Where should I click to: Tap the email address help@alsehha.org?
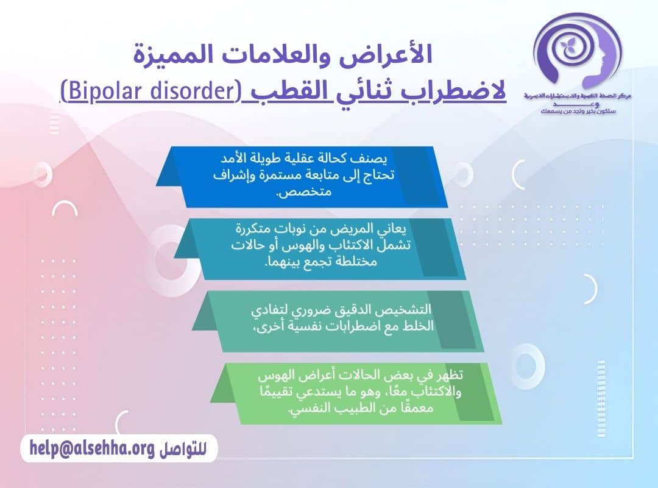click(x=91, y=448)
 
